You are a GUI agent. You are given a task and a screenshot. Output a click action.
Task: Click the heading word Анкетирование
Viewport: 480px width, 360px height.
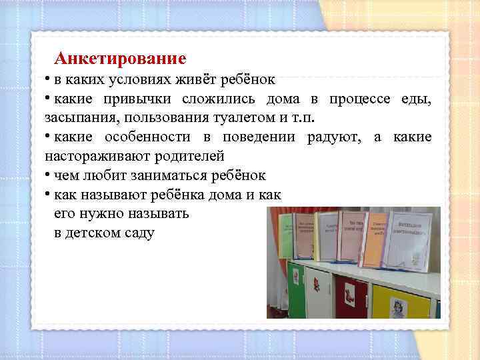[x=119, y=59]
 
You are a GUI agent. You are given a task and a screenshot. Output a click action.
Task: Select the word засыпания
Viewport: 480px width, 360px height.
[x=75, y=118]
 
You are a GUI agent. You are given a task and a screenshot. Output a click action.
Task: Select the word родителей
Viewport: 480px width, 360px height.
[x=190, y=156]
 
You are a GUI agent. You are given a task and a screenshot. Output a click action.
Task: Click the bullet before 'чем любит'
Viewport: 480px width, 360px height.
[x=48, y=175]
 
